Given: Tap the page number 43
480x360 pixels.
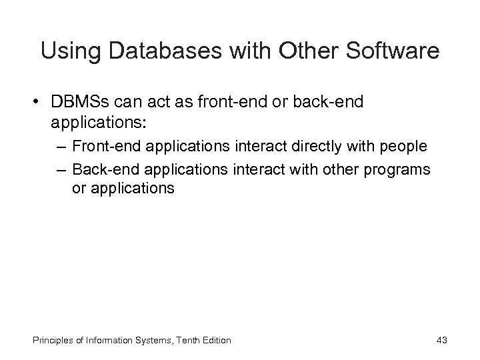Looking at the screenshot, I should point(441,341).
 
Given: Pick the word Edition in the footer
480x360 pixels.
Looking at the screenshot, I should point(214,341).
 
